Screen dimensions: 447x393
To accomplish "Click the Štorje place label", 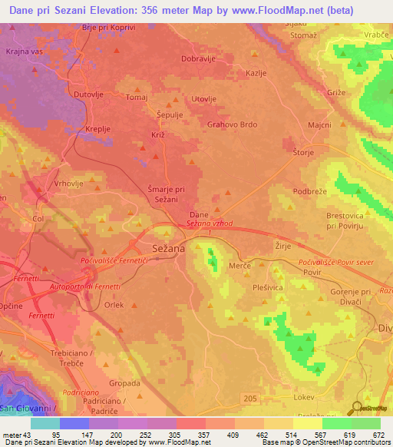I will pos(305,151).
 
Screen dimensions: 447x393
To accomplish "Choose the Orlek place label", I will pos(114,304).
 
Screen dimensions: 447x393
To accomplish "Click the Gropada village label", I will pos(125,382).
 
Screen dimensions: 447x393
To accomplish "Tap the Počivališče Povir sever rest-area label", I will pos(335,263).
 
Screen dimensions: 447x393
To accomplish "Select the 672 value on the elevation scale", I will pos(374,434).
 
